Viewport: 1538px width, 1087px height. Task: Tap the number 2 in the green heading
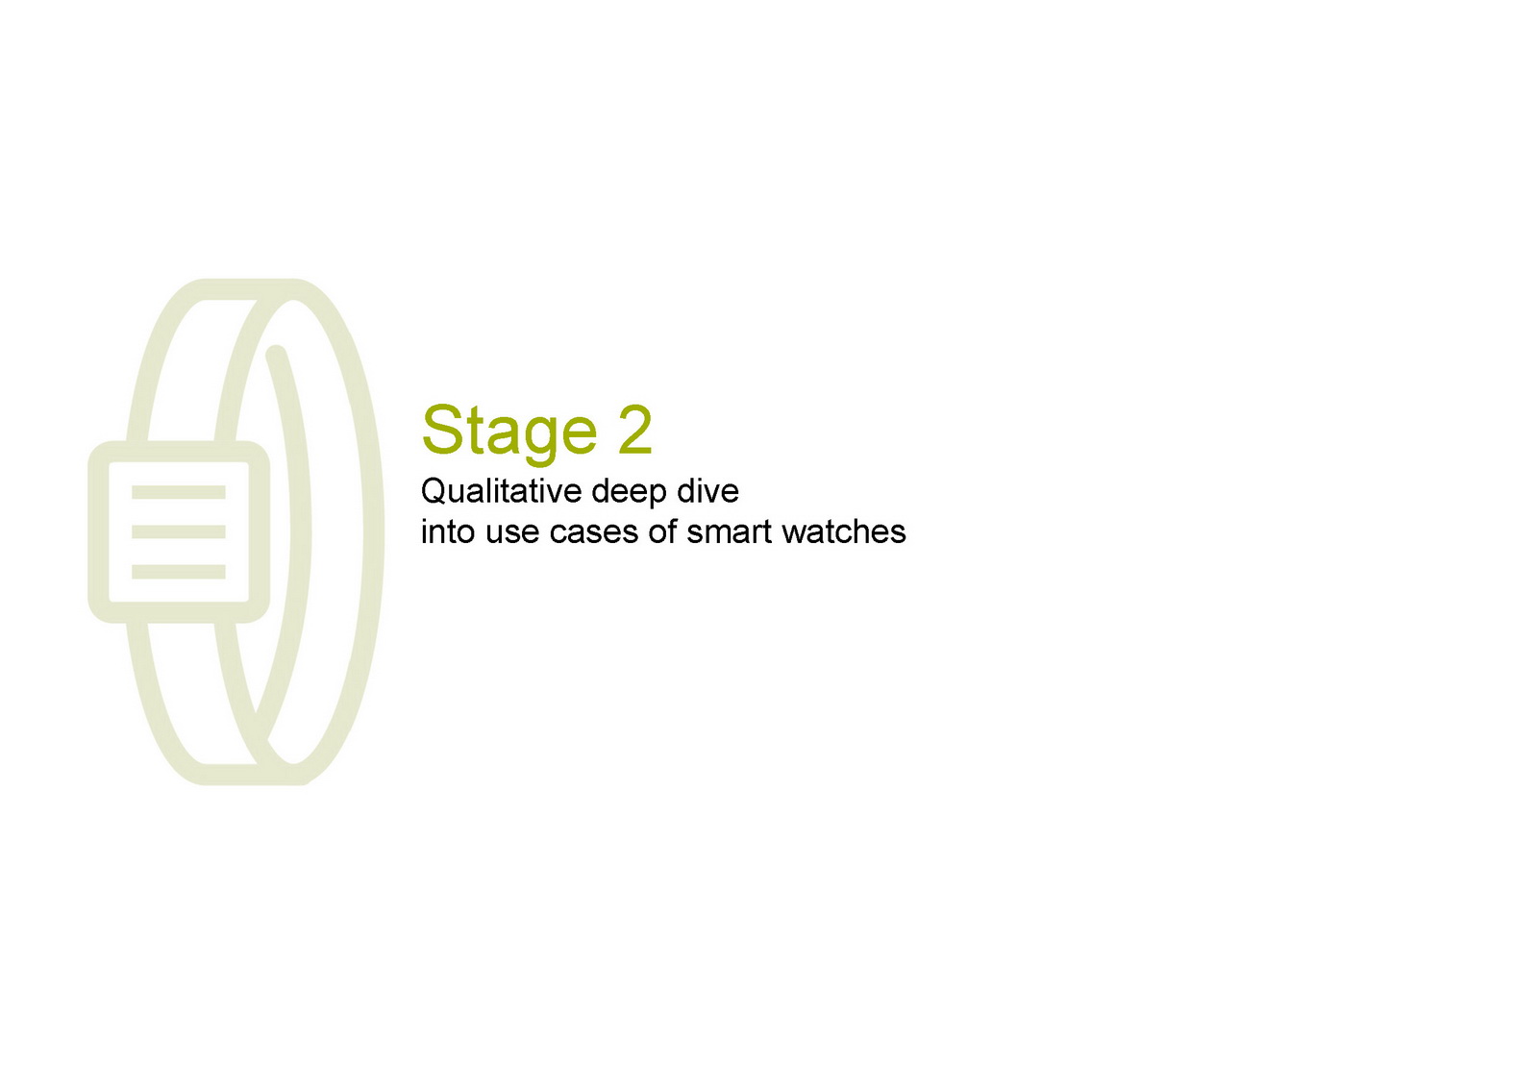(x=634, y=430)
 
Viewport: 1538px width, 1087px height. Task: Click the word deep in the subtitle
(x=629, y=493)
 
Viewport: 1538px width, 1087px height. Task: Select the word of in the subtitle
(x=662, y=531)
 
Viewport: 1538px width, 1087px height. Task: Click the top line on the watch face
(x=179, y=492)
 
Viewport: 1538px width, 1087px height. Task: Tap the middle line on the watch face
(x=179, y=532)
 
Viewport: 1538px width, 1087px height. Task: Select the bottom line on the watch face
(x=179, y=572)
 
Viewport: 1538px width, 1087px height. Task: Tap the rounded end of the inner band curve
(x=276, y=355)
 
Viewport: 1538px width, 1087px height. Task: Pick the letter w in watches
(x=794, y=535)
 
